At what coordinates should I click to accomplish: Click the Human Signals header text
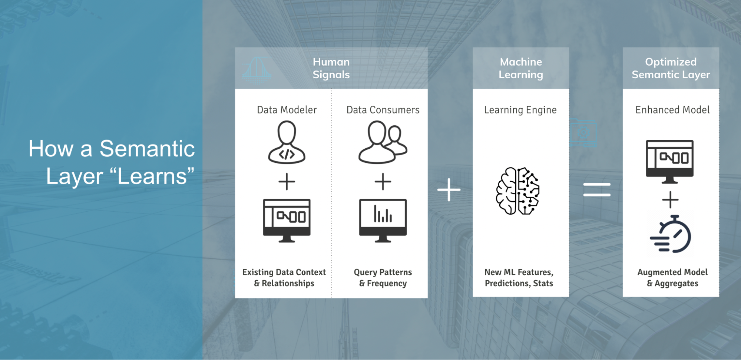(331, 68)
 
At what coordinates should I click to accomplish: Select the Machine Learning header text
(520, 68)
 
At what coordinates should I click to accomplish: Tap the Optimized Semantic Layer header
(671, 68)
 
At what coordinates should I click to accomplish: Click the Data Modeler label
(287, 110)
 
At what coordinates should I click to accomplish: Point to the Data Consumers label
(383, 110)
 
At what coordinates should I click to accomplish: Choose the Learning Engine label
(520, 110)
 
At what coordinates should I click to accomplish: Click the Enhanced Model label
(672, 110)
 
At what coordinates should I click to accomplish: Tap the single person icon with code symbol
(287, 143)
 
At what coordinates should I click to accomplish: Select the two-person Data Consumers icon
(383, 142)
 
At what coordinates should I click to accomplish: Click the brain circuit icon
(518, 191)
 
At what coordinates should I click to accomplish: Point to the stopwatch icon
(671, 234)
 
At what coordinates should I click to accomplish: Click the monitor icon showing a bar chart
(383, 220)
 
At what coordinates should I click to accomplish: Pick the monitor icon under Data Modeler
(287, 220)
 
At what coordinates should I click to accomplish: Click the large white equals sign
(596, 189)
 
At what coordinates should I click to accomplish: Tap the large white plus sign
(449, 189)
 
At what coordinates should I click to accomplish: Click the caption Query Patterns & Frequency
(383, 278)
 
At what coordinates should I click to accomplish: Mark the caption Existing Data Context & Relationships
(284, 278)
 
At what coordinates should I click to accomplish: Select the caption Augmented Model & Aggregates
(672, 278)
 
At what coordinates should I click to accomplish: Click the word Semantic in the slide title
(147, 149)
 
